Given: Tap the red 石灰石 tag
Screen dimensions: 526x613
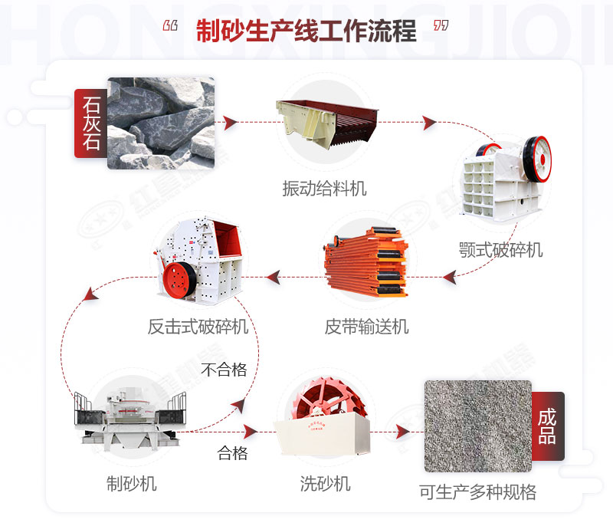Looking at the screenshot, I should point(90,123).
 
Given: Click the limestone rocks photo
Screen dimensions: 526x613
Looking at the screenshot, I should point(160,123).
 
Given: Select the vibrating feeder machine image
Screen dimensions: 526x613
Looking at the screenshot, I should point(325,123).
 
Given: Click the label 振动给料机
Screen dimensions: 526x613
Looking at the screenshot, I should point(324,189).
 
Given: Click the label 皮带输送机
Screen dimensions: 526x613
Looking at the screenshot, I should point(366,327).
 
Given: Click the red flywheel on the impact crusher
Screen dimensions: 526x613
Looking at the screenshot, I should point(181,279).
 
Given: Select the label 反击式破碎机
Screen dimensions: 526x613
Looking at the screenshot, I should point(198,327).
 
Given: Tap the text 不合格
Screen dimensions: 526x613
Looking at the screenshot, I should point(224,370).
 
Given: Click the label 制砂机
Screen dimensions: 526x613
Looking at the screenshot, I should point(131,484).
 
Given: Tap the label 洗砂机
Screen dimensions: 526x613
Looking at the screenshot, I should point(325,484).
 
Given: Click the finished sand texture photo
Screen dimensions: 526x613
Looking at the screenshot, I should point(477,426).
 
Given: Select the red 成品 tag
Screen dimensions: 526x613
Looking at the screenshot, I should point(547,426).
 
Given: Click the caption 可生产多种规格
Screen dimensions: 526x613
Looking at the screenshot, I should point(477,491).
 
